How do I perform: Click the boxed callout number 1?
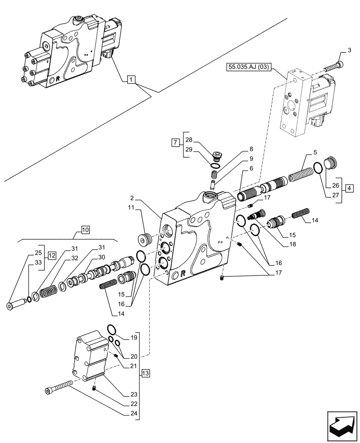tap(131, 80)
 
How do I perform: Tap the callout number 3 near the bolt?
tap(349, 49)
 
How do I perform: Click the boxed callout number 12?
tap(52, 256)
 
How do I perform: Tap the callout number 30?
tap(102, 258)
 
